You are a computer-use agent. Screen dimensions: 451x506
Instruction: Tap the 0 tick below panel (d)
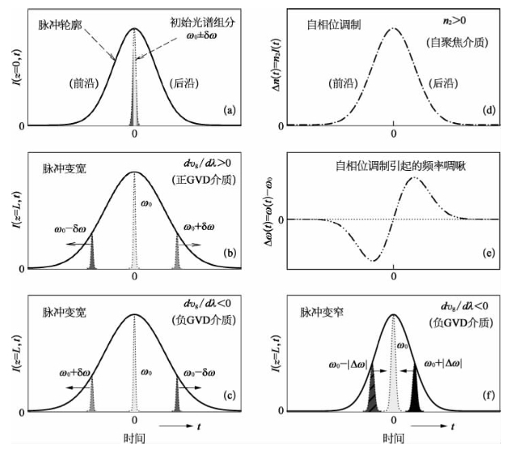[x=394, y=134]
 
